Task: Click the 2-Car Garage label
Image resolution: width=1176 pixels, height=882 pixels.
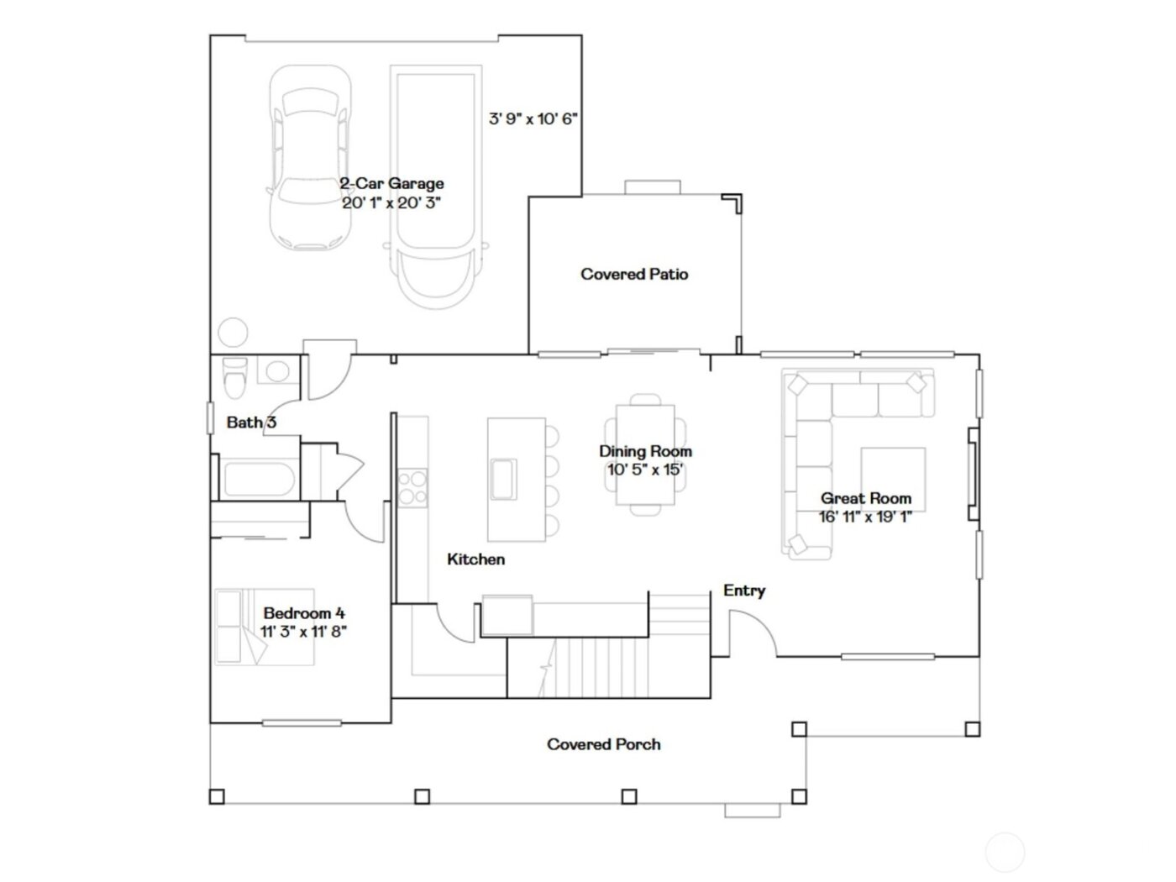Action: [x=391, y=183]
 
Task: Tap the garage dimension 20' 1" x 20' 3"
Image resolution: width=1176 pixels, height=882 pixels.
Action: [x=391, y=202]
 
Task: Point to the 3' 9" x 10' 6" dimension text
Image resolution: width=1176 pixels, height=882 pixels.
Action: [x=533, y=118]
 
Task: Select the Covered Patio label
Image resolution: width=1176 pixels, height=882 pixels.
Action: [x=634, y=274]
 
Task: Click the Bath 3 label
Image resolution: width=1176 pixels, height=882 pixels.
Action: [x=250, y=422]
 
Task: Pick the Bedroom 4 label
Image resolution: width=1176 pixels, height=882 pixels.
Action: [x=303, y=613]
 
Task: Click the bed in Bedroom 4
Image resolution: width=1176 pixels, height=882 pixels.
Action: [x=265, y=627]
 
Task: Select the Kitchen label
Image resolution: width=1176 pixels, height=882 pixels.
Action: [x=475, y=559]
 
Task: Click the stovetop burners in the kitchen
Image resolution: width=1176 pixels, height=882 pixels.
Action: [x=412, y=487]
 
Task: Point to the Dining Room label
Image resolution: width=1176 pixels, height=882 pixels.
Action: [x=645, y=451]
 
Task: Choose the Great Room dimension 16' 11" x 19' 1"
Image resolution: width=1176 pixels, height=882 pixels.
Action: [x=865, y=517]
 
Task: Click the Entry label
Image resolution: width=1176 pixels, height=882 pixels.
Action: [x=743, y=591]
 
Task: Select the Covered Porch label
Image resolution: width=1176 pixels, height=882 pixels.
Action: [x=603, y=744]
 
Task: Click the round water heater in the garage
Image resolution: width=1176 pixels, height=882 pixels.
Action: [x=233, y=333]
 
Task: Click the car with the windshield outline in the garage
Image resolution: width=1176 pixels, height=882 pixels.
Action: [x=309, y=158]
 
